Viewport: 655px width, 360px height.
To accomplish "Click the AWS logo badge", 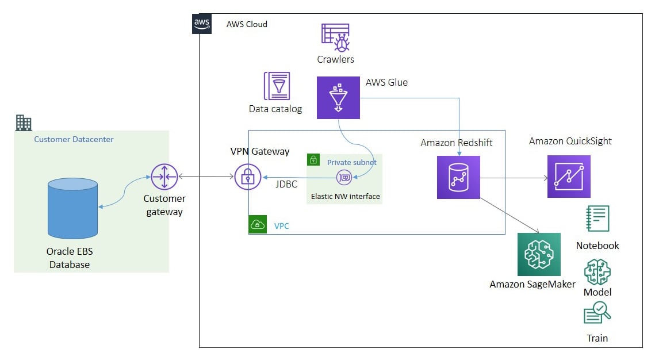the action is coord(202,24).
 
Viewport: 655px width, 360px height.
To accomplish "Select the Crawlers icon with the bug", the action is coord(335,37).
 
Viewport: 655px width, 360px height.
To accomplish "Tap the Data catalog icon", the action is coord(277,86).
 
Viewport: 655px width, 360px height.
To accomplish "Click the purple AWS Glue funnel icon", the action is coord(338,98).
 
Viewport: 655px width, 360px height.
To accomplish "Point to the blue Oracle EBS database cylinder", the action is coord(72,208).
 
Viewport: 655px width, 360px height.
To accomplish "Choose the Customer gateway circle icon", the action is coord(164,177).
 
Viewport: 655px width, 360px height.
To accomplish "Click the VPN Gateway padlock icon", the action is coord(248,177).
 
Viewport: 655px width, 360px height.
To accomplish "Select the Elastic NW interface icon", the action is coord(344,177).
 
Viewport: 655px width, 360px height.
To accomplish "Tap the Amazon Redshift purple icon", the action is coord(459,178).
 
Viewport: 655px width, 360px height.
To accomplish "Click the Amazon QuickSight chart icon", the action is coord(569,176).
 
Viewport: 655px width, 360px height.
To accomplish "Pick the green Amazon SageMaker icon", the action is coord(539,254).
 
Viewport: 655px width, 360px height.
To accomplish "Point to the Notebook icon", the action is coord(597,219).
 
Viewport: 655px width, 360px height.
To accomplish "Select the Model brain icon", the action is coord(597,272).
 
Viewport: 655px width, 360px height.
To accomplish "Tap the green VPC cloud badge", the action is coord(258,224).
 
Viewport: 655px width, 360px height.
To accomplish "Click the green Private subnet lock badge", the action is coord(313,159).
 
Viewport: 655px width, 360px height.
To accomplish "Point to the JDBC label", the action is coord(286,184).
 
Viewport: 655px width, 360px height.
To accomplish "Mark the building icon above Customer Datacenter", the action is coord(24,123).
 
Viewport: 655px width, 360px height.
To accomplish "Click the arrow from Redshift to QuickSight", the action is coord(514,178).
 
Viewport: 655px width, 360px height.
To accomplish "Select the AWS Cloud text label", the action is coord(247,24).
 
